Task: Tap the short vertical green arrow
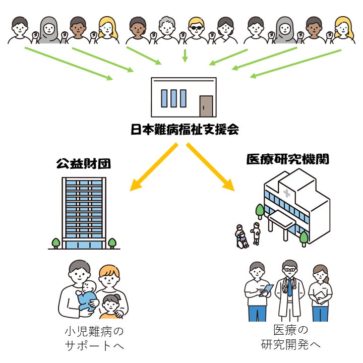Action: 185,55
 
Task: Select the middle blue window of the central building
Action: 174,98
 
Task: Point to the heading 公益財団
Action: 83,164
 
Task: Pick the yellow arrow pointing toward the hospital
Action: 212,167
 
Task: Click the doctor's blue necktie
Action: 289,287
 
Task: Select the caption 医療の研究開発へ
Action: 290,338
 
